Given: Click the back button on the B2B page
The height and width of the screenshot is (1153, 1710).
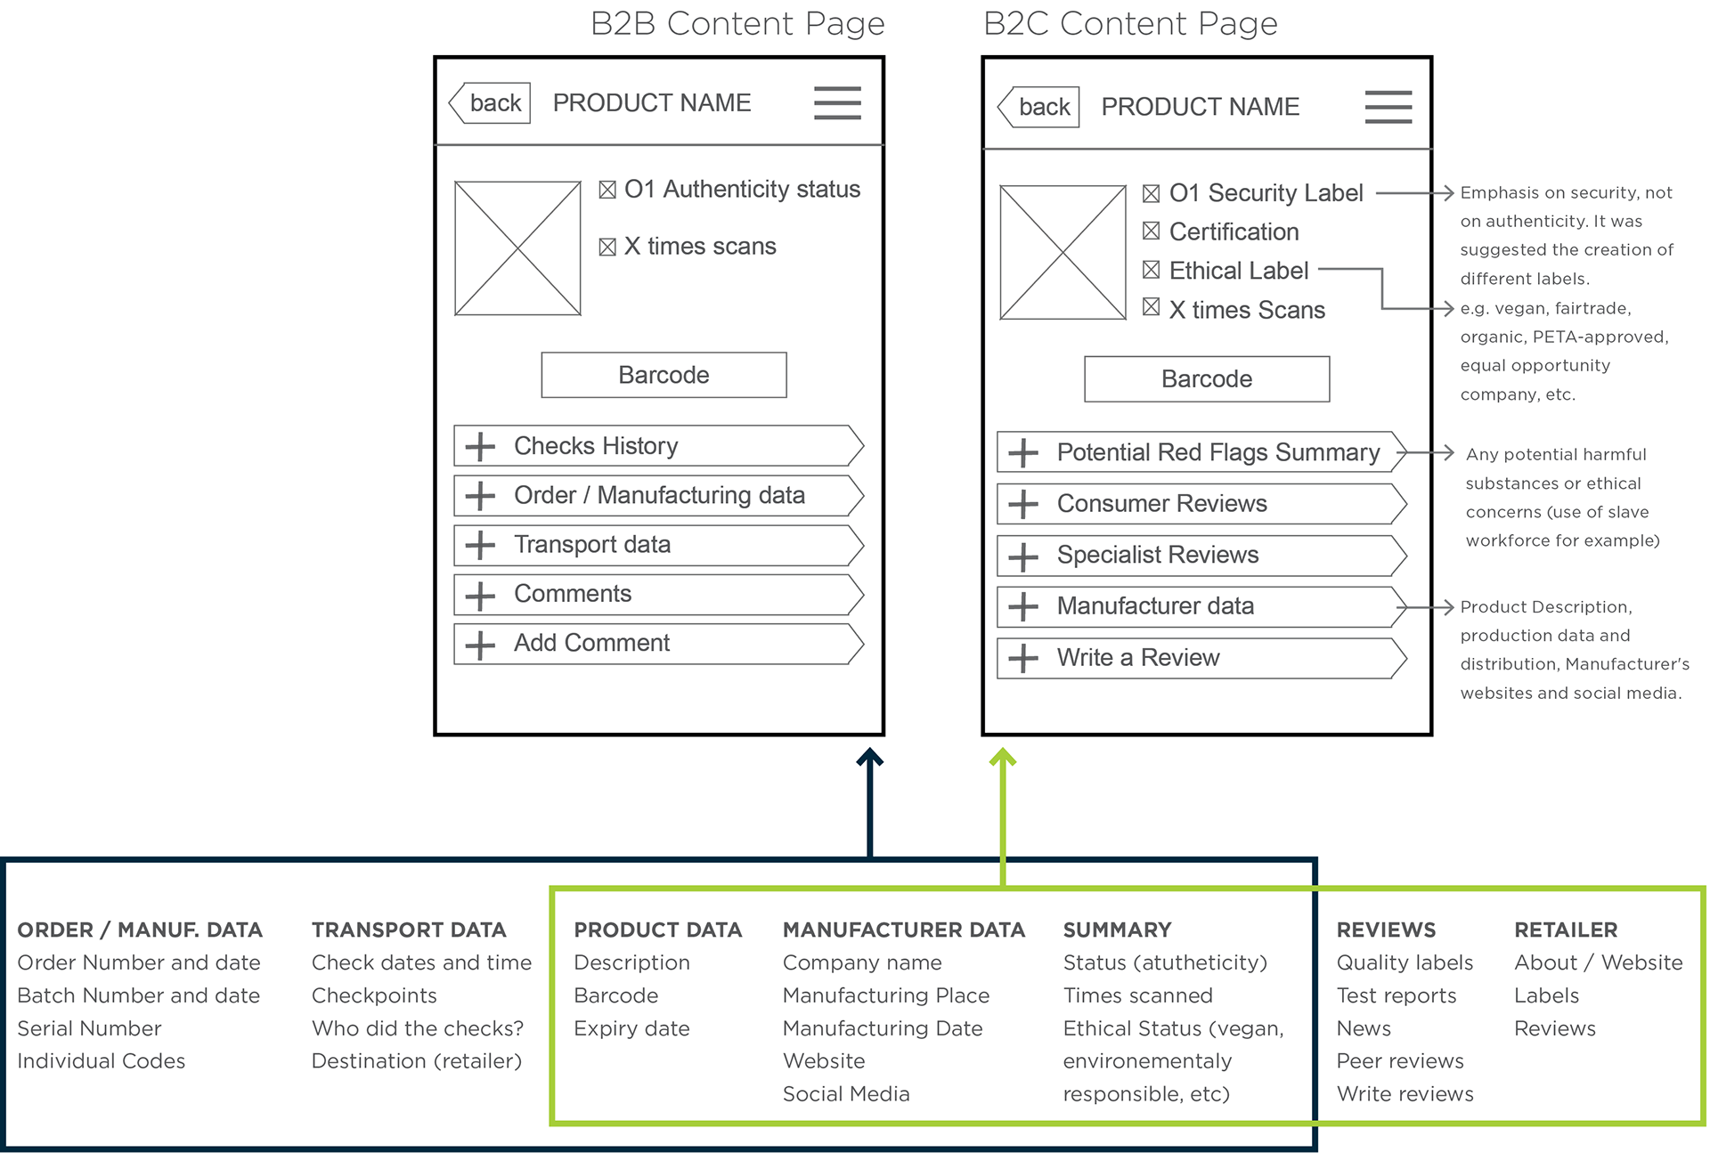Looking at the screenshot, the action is (490, 103).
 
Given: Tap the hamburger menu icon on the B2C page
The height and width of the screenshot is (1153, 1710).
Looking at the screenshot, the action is (1388, 107).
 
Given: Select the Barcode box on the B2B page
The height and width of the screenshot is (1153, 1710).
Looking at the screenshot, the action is (664, 375).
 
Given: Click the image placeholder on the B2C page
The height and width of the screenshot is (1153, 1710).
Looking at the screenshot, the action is (1063, 252).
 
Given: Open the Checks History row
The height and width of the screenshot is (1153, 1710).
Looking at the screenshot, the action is (659, 445).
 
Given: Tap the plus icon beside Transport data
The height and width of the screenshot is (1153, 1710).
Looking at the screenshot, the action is (480, 545).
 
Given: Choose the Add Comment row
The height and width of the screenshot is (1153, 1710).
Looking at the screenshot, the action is (659, 644).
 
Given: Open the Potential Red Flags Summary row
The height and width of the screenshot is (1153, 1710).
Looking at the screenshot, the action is (1202, 452).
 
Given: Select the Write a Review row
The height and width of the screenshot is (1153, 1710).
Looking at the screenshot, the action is (1202, 658).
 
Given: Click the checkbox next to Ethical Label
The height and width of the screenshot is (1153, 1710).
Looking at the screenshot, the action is (1151, 269).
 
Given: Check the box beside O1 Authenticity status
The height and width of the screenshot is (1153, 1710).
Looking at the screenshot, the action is (607, 190).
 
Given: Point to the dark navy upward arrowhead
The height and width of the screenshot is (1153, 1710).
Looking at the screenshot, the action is (870, 757).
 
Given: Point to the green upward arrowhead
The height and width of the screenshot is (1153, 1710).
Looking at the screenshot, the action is (1003, 757).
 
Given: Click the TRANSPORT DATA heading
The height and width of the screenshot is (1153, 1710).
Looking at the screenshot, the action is (409, 930).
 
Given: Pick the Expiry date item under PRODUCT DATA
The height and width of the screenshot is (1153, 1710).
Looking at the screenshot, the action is (631, 1028).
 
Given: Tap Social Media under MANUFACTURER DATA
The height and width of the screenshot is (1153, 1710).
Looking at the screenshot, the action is (846, 1093).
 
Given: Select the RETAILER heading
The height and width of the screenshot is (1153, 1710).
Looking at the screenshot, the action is (1566, 930).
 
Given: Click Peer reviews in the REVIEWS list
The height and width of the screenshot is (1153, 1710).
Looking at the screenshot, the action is (1400, 1060).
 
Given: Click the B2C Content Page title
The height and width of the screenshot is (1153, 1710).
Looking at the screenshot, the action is (1130, 23).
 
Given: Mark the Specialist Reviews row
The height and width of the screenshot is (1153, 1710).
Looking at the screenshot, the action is (1202, 556).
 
